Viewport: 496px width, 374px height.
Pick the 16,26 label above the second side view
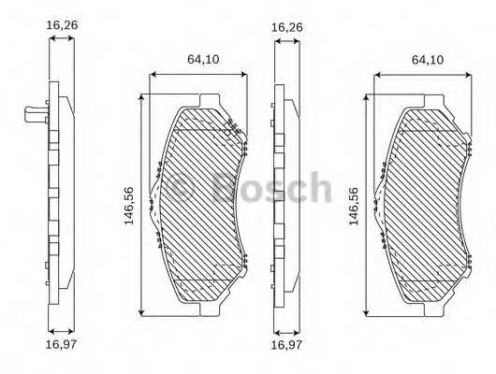coord(285,28)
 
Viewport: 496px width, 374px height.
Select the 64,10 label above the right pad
coord(426,59)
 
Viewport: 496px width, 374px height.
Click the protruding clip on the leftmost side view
coord(33,116)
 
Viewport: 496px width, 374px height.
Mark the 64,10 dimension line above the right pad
coord(426,72)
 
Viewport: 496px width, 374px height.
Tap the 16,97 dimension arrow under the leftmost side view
coord(63,331)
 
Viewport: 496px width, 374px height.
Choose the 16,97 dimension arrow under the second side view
coord(285,331)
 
